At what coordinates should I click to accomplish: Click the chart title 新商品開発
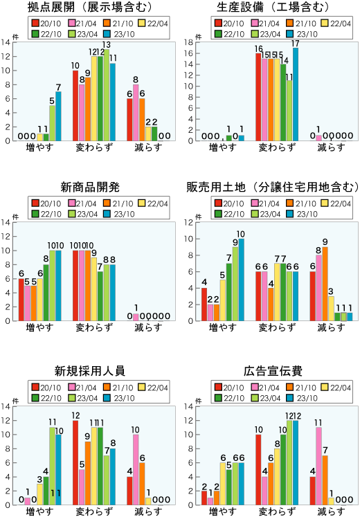click(x=90, y=188)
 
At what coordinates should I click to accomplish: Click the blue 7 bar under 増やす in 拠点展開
click(x=58, y=116)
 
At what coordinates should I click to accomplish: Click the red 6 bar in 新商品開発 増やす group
click(x=21, y=299)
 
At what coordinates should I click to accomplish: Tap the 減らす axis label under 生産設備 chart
click(x=323, y=148)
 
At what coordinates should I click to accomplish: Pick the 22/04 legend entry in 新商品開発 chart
click(x=156, y=203)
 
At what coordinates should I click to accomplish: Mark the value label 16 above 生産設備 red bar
click(x=258, y=49)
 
